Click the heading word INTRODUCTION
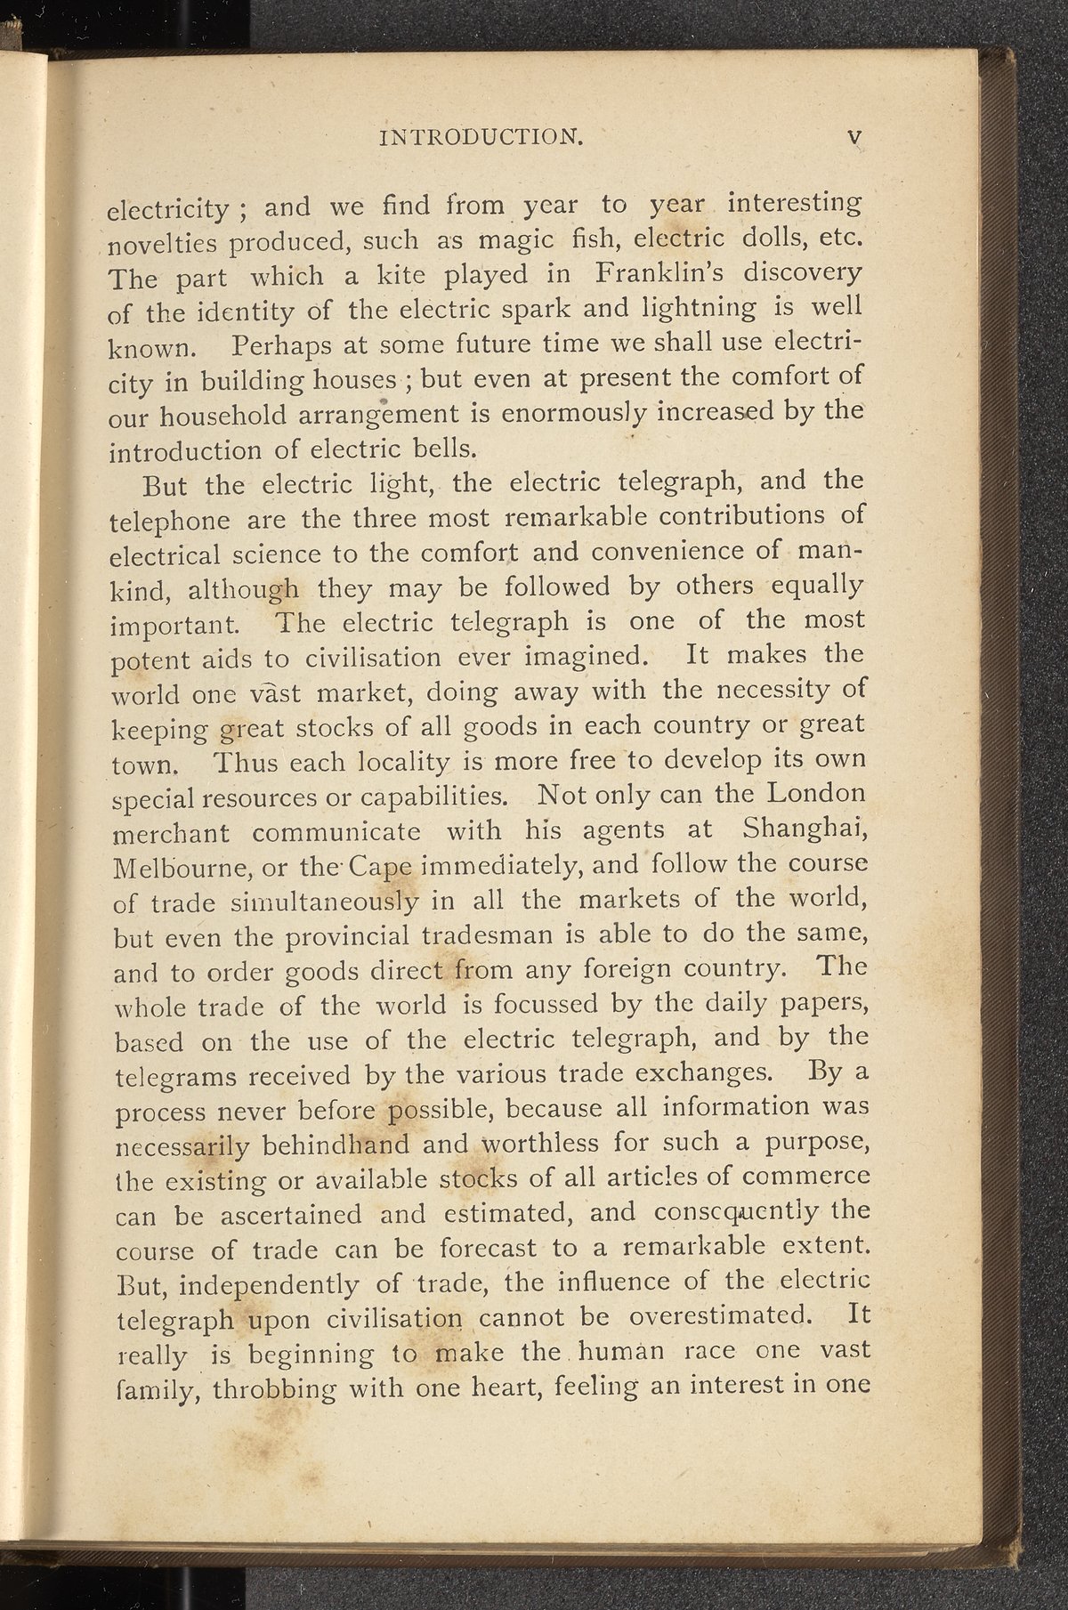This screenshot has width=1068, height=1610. point(481,137)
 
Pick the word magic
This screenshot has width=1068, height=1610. point(518,240)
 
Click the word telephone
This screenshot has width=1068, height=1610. point(170,521)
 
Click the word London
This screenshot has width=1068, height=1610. point(816,791)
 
